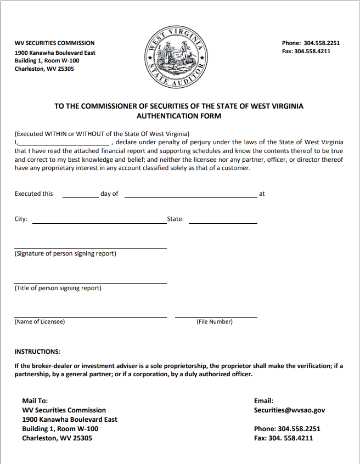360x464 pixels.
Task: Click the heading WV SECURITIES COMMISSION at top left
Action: [x=54, y=43]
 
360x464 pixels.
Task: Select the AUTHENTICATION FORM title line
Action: [x=179, y=116]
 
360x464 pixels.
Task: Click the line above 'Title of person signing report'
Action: [x=91, y=282]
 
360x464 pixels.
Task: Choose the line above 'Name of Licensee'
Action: [x=91, y=316]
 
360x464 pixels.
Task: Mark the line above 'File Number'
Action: [x=216, y=316]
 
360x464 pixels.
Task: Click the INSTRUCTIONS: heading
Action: [x=37, y=352]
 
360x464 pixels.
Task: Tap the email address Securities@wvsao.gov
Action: [x=289, y=410]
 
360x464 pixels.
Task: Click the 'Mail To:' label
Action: [x=35, y=401]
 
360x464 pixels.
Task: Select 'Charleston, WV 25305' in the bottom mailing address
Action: [x=57, y=438]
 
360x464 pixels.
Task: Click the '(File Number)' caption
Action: [x=215, y=322]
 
